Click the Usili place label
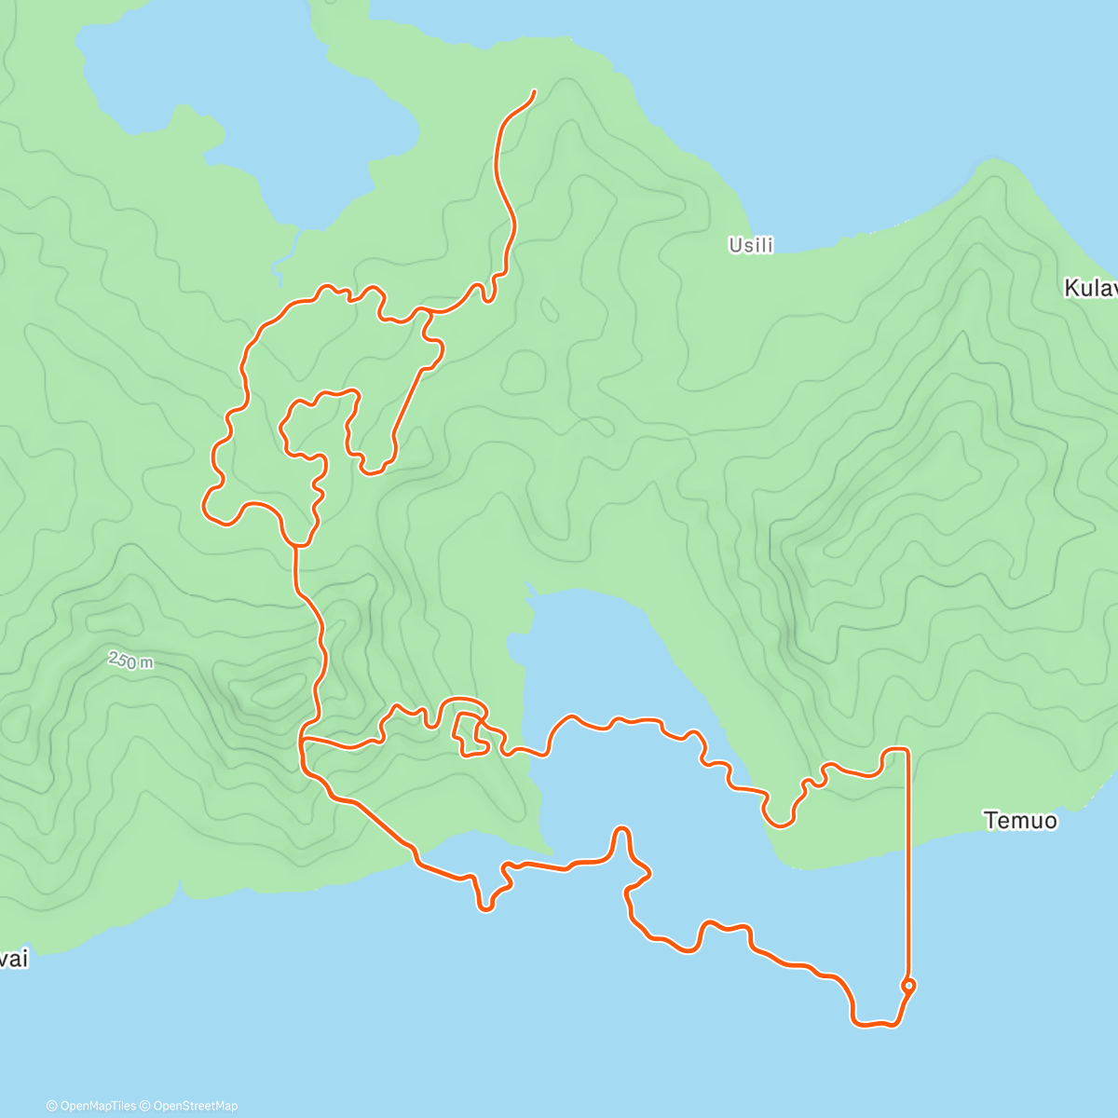tap(751, 246)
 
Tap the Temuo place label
tap(1020, 821)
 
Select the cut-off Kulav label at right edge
tap(1090, 289)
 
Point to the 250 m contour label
tap(131, 661)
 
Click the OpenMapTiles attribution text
tap(91, 1106)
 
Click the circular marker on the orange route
tap(908, 985)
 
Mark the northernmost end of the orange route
tap(534, 91)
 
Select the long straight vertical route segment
tap(907, 866)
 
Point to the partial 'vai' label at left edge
tap(14, 959)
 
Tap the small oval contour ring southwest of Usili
tap(549, 309)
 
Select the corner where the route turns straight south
tap(906, 749)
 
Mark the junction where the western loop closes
tap(297, 542)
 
